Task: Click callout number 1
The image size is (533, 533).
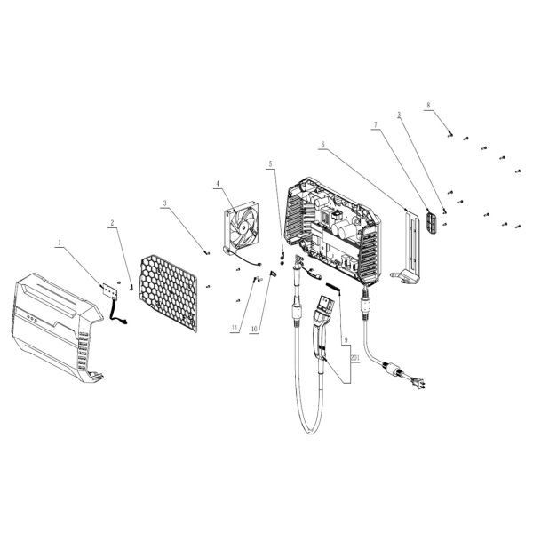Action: click(60, 241)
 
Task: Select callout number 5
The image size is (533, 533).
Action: click(272, 164)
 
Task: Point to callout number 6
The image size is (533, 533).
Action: click(322, 145)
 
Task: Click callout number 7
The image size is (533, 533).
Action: click(376, 126)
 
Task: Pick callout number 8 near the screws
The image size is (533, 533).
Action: click(428, 107)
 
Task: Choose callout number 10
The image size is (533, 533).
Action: click(253, 329)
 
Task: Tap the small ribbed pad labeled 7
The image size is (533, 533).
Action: click(434, 223)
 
